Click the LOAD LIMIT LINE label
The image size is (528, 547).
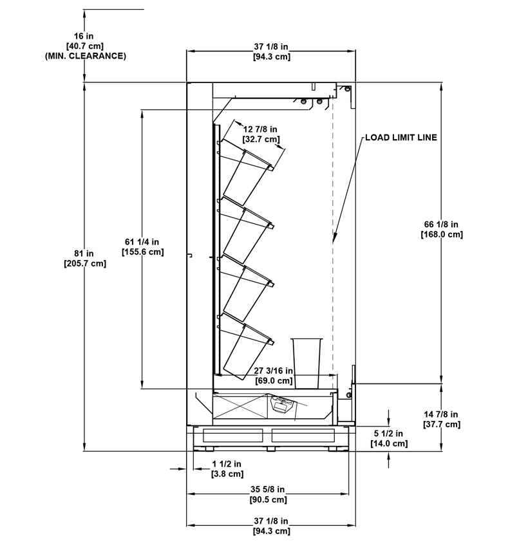click(401, 138)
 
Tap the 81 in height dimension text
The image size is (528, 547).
click(84, 254)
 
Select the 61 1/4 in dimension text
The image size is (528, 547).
click(142, 242)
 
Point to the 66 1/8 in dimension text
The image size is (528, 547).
click(441, 225)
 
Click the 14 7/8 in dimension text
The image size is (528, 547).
click(441, 414)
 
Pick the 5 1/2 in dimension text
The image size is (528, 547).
click(388, 433)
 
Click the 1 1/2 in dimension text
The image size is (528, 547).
click(227, 463)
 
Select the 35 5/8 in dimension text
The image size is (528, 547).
click(267, 490)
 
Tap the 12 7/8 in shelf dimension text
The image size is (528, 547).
click(260, 129)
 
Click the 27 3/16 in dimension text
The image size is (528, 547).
click(273, 371)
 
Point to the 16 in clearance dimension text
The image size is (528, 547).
click(84, 36)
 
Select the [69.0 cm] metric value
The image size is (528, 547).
click(274, 380)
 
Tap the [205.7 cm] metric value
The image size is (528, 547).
click(85, 263)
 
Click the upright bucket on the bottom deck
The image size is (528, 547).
click(306, 363)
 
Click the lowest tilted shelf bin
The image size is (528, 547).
click(247, 346)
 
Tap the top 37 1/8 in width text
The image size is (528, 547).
click(271, 46)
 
